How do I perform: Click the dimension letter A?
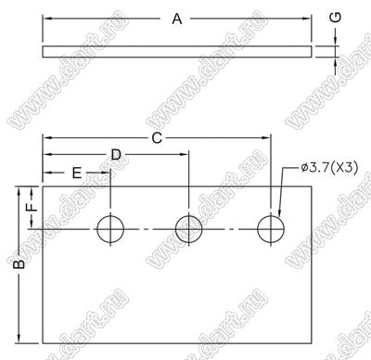point(177,19)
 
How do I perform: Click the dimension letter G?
point(337,18)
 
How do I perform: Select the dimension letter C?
point(157,138)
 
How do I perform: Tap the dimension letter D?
point(116,154)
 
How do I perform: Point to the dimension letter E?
point(77,173)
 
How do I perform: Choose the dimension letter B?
point(19,264)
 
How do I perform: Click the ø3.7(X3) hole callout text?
point(329,168)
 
